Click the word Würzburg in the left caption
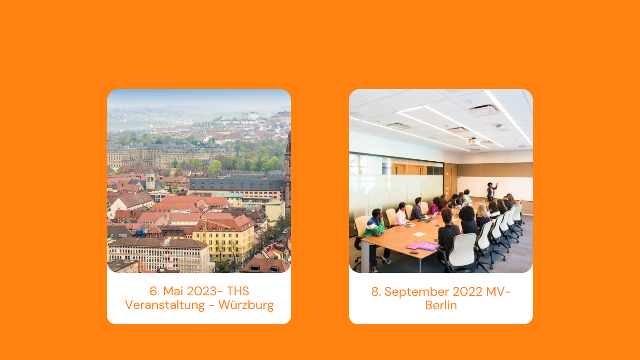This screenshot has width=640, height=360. click(x=246, y=305)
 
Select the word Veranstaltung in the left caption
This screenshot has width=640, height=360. click(x=165, y=305)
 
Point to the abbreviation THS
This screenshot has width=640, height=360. click(x=238, y=292)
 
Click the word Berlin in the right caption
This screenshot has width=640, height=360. click(x=441, y=305)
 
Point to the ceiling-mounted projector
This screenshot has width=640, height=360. click(x=473, y=141)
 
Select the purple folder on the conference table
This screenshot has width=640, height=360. click(x=429, y=247)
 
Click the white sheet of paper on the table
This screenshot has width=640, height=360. click(x=419, y=234)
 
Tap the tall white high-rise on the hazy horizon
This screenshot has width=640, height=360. click(x=253, y=116)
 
